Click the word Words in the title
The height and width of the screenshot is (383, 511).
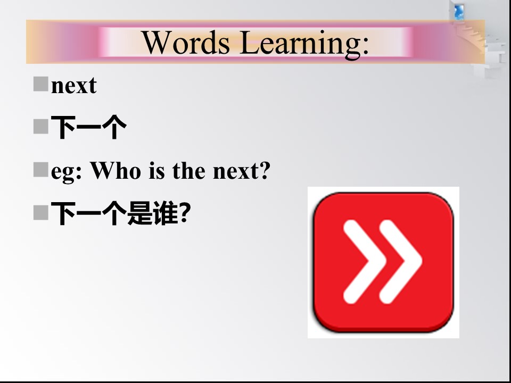point(186,43)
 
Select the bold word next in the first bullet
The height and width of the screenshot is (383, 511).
point(74,86)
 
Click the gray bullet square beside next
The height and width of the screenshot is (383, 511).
point(41,84)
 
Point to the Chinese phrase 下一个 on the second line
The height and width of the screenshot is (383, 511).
point(89,127)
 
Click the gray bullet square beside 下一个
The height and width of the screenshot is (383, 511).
point(41,127)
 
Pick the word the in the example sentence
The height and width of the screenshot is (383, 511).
point(188,170)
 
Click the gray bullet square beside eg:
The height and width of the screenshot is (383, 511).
point(41,170)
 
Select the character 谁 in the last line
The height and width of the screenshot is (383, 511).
point(165,213)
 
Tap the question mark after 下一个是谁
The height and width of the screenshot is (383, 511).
point(185,213)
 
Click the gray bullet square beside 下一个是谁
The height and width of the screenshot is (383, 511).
point(41,213)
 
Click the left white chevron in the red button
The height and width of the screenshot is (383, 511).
point(365,262)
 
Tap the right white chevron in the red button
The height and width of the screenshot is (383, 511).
point(401,262)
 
